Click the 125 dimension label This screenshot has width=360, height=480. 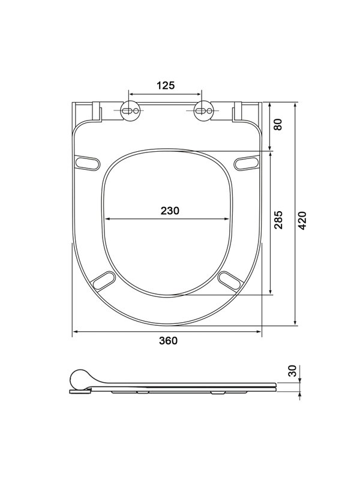click(166, 85)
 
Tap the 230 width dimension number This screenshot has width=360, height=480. click(170, 211)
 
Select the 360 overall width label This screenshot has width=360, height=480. click(168, 340)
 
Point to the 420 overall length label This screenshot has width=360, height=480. click(302, 220)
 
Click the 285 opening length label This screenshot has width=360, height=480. click(278, 220)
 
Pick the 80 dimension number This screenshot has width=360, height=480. click(278, 124)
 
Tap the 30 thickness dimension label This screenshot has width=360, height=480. click(293, 371)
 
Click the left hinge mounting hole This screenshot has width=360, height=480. click(130, 110)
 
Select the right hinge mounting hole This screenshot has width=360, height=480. click(203, 110)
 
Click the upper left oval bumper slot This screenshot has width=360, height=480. click(87, 162)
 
